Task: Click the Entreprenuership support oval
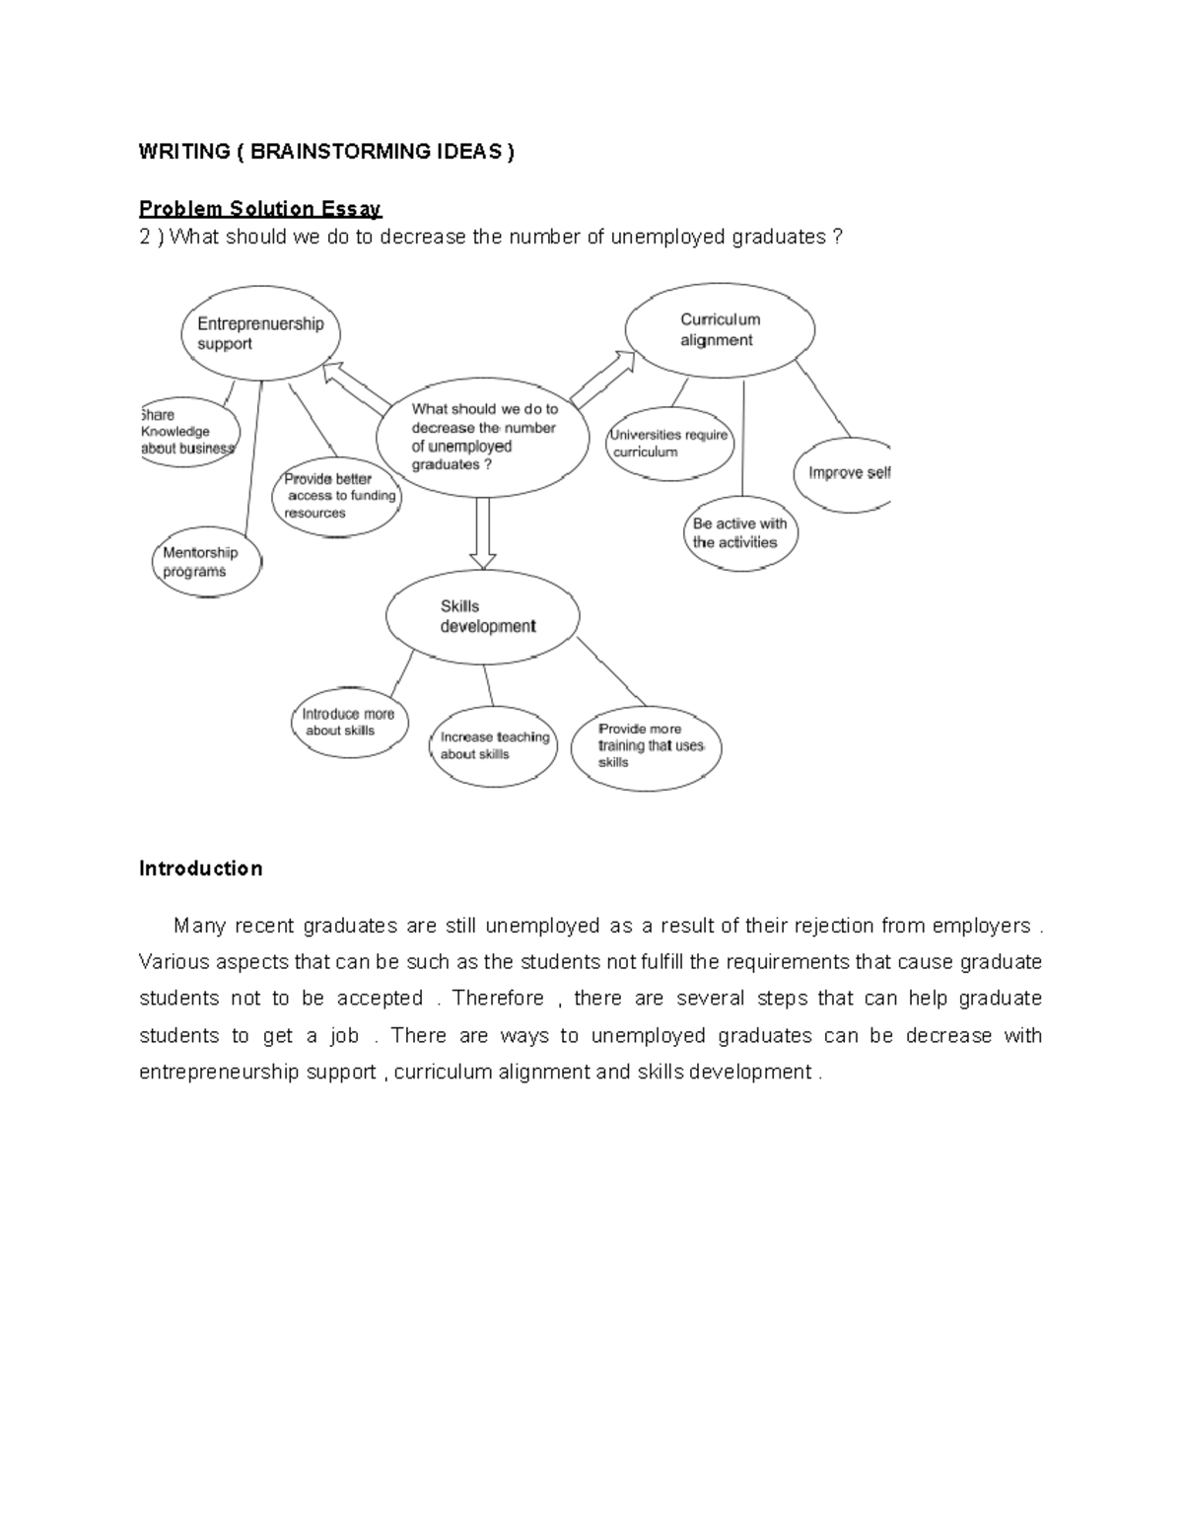click(x=261, y=334)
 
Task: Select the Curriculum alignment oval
click(x=721, y=330)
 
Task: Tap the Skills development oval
click(x=482, y=616)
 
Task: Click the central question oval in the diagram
click(x=483, y=437)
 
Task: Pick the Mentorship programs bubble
click(x=207, y=563)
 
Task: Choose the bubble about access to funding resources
click(x=337, y=496)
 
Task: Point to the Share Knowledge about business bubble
click(x=189, y=432)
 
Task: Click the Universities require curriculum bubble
click(x=670, y=444)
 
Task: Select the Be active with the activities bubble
click(x=739, y=533)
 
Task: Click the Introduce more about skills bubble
click(x=349, y=723)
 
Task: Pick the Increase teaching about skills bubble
click(x=494, y=745)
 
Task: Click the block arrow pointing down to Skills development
click(x=482, y=532)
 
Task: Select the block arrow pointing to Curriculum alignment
click(x=602, y=381)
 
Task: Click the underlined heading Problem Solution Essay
click(x=260, y=209)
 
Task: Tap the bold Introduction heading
click(x=201, y=869)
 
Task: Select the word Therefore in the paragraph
click(x=498, y=999)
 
